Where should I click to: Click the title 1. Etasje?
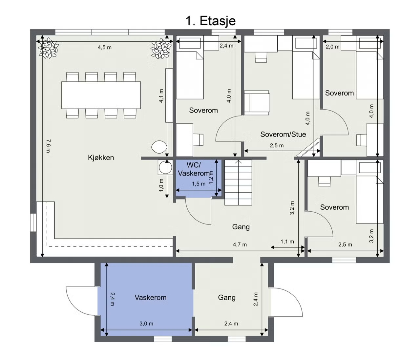tap(211, 21)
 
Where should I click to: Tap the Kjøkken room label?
tap(101, 158)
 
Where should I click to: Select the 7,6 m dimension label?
tap(48, 146)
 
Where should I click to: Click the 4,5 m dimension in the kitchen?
tap(105, 47)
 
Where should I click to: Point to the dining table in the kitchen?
tap(101, 95)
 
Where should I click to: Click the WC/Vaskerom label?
tap(194, 169)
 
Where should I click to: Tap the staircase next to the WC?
tap(238, 182)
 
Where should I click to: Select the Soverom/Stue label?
tap(283, 134)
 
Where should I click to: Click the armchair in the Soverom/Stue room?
tap(257, 103)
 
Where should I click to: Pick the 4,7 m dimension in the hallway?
tap(240, 244)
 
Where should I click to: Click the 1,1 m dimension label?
tap(287, 242)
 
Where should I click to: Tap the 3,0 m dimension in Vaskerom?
tap(146, 324)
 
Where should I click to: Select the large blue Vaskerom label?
tap(150, 298)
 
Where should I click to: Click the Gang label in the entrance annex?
tap(227, 298)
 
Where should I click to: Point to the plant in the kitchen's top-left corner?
tap(48, 48)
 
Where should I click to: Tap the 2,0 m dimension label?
tap(333, 47)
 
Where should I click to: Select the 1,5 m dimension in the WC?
tap(199, 184)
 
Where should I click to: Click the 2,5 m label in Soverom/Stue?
tap(277, 146)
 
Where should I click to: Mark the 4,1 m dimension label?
tap(161, 96)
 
